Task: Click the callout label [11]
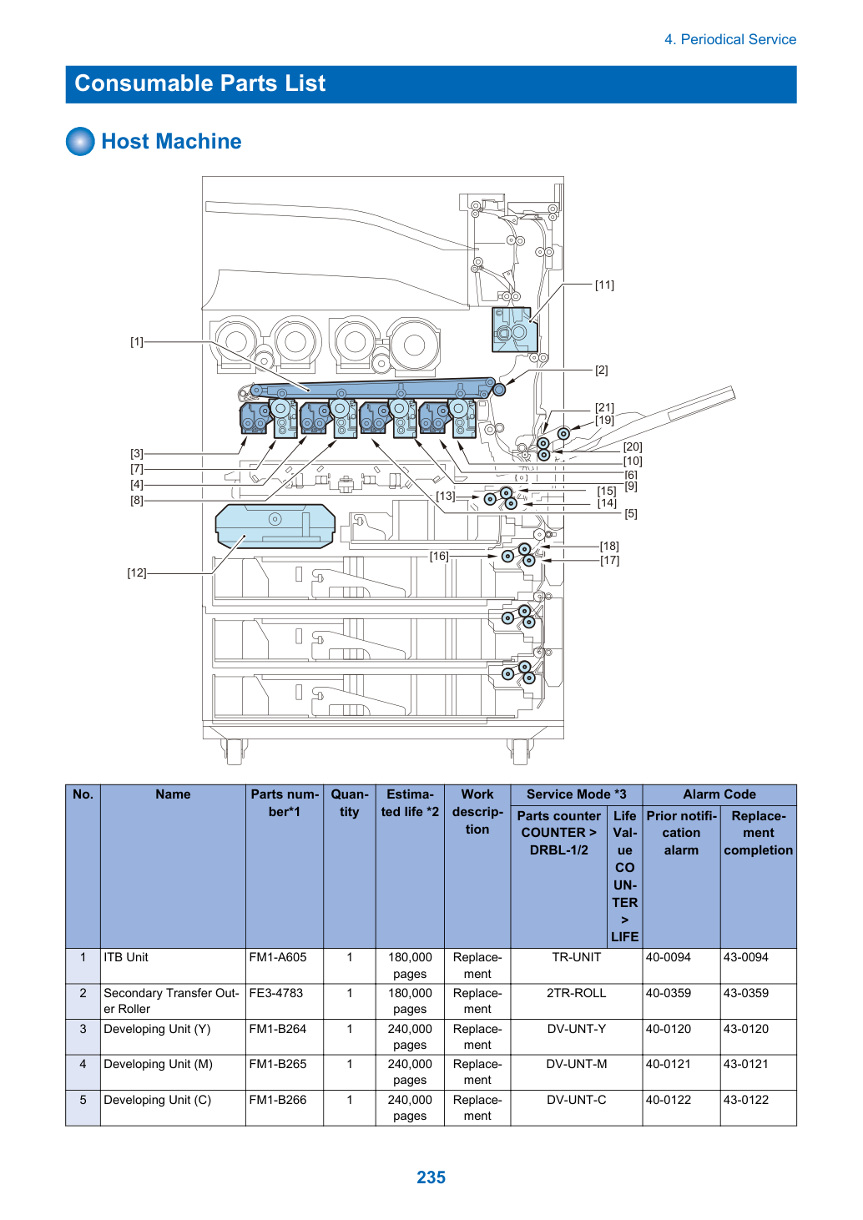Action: [x=604, y=285]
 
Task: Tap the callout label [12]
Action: [x=137, y=573]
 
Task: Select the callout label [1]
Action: [x=137, y=342]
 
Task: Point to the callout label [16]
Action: [x=438, y=556]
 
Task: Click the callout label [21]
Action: [x=604, y=407]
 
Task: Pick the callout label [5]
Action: [x=630, y=513]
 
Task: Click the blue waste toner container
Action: [x=275, y=526]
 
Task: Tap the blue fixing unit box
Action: [x=514, y=330]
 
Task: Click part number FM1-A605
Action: [x=278, y=957]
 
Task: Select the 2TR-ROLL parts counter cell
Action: [x=576, y=993]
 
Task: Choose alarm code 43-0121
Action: [x=746, y=1064]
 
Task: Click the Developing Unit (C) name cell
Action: [x=158, y=1100]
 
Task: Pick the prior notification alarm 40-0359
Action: [x=669, y=993]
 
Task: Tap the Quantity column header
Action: [x=349, y=803]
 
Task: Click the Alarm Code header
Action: [x=719, y=794]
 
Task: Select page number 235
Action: [x=431, y=1177]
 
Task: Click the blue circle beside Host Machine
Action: [x=80, y=141]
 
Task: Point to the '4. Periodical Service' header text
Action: [x=730, y=39]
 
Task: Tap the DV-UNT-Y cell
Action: [x=576, y=1029]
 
